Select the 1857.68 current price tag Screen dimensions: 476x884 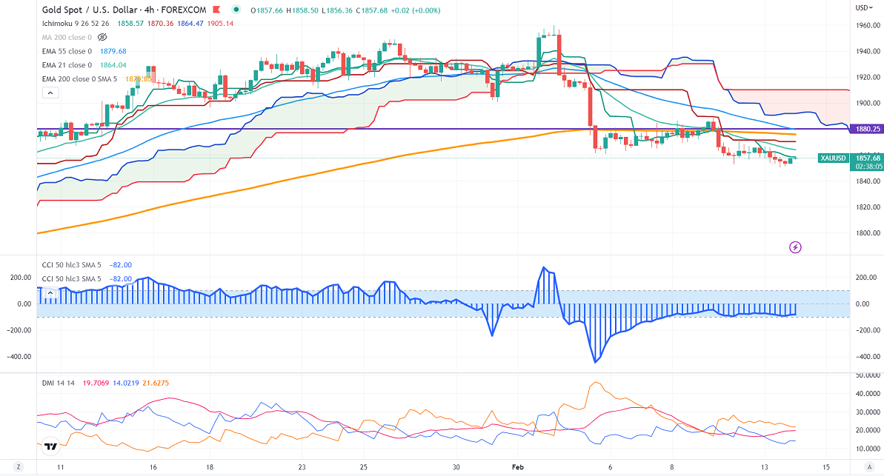(x=866, y=158)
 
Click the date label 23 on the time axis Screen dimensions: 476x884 (x=302, y=467)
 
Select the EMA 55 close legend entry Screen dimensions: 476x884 (x=67, y=51)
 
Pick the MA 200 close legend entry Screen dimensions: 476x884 (x=66, y=36)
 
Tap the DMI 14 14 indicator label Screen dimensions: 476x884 (x=59, y=381)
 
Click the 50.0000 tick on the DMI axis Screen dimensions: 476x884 (x=866, y=376)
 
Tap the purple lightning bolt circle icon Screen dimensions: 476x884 (x=797, y=247)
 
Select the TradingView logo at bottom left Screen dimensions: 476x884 (x=50, y=446)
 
